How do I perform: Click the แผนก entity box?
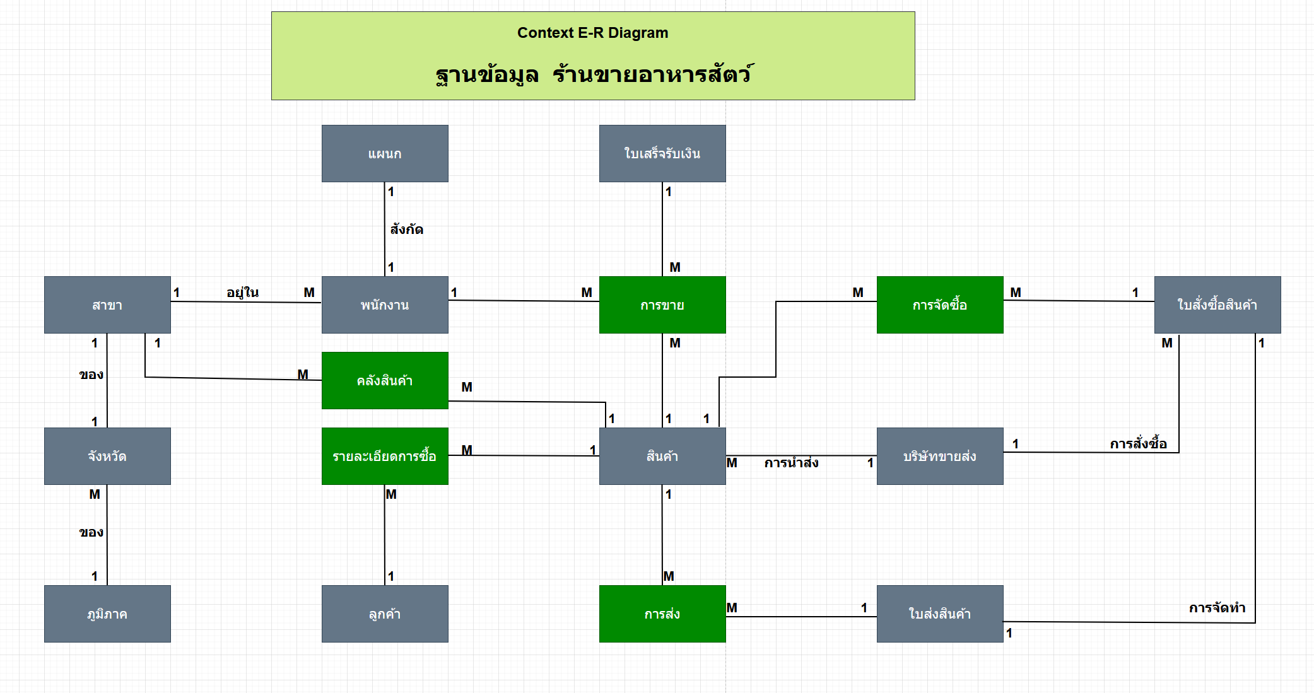pos(385,153)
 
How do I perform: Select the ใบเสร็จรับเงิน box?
pos(662,153)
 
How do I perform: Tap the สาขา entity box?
pos(107,305)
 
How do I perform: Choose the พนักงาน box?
pos(385,305)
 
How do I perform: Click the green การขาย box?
pos(662,305)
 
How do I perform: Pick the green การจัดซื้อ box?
pos(940,305)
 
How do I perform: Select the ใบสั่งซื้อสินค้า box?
pos(1217,305)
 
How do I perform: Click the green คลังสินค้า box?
pos(385,380)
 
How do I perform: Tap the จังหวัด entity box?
pos(107,456)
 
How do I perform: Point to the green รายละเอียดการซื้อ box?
pos(385,456)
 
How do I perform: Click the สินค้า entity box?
pos(662,456)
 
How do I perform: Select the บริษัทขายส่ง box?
pos(940,456)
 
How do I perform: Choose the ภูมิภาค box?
pos(107,614)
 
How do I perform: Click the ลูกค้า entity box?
pos(385,614)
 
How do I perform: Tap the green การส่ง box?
pos(662,614)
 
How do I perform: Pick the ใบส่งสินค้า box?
pos(940,614)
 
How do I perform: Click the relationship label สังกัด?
pos(406,230)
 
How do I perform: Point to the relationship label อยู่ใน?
pos(243,293)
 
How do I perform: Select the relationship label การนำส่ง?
pos(791,463)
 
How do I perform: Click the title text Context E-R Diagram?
pos(592,33)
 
